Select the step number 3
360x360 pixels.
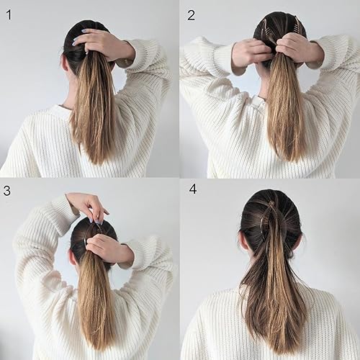(x=7, y=191)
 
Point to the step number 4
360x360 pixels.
(x=192, y=189)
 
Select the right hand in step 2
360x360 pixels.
(x=294, y=48)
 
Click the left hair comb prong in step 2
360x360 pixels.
(x=264, y=27)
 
